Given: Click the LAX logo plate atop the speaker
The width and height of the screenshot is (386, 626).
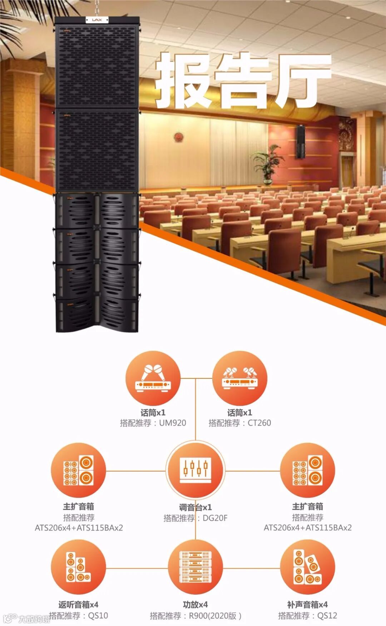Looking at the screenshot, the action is [x=97, y=20].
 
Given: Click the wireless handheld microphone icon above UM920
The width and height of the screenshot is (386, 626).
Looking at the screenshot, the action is [x=153, y=378].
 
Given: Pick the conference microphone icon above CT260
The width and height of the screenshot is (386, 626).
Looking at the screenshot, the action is [x=240, y=378].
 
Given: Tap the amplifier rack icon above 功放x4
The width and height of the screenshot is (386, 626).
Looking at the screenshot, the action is [x=195, y=567].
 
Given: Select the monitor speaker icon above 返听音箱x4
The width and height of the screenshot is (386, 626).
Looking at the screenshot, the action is [x=78, y=567].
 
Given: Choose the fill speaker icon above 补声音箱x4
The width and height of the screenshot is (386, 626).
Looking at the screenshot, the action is [x=307, y=567].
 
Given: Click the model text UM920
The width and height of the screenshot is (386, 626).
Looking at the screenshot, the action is [x=173, y=423].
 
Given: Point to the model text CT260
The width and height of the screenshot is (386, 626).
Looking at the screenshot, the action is [x=259, y=423].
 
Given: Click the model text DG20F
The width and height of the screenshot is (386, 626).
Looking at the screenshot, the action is [x=215, y=518].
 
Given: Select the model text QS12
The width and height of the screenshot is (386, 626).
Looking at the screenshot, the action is [x=327, y=616].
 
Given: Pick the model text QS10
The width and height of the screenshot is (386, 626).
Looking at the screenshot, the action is [x=98, y=616].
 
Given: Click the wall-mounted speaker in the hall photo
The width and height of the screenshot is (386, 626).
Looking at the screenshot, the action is [x=300, y=142].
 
